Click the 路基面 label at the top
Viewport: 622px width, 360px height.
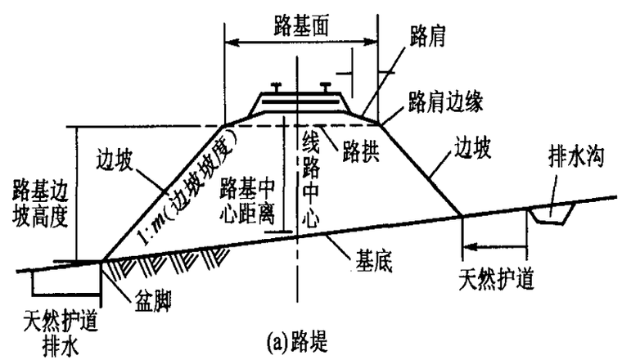tap(301, 27)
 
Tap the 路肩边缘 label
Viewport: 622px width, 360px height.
tap(446, 102)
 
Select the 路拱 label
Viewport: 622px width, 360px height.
tap(361, 151)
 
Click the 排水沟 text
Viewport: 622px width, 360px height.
tap(576, 156)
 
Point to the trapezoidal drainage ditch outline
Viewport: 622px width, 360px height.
tap(551, 215)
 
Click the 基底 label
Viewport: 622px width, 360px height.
tap(374, 262)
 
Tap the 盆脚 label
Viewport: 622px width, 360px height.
tap(153, 302)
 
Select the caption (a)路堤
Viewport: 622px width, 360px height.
tap(298, 342)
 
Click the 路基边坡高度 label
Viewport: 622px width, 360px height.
tap(40, 203)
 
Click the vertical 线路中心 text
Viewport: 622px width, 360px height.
tap(311, 180)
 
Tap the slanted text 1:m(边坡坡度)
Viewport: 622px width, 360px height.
tap(187, 187)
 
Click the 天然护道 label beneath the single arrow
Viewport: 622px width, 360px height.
tap(496, 280)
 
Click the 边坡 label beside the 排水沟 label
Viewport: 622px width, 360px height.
tap(472, 148)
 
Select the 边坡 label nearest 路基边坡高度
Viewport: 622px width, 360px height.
tap(115, 160)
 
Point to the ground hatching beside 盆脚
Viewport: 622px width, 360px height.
tap(167, 262)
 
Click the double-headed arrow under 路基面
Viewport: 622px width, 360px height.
tap(301, 42)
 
